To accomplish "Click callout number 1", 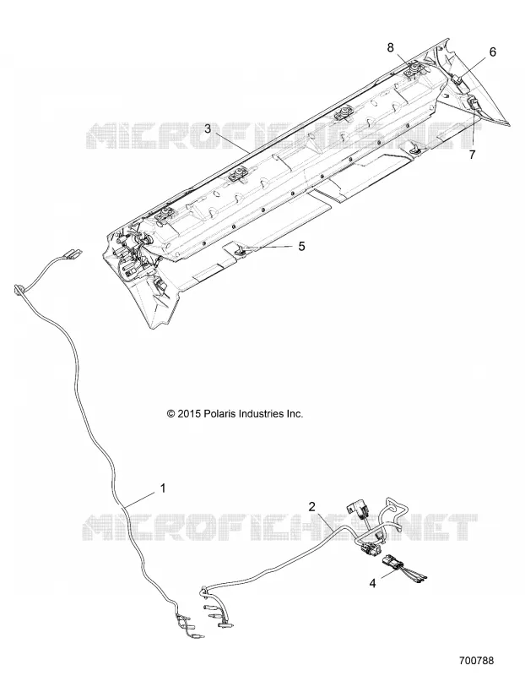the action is point(163,488).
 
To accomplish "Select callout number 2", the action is point(312,506).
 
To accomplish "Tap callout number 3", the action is point(208,128).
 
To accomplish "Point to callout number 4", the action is point(372,583).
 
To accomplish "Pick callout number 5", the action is point(301,246).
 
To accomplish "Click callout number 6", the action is point(492,52).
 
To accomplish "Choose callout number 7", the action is point(472,155).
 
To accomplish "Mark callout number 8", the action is point(390,47).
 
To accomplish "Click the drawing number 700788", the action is point(477,660).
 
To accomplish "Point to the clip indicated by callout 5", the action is point(241,248).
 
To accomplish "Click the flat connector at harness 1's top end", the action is point(73,254).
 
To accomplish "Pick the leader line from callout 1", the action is point(140,499).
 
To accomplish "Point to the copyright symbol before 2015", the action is point(171,414).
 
